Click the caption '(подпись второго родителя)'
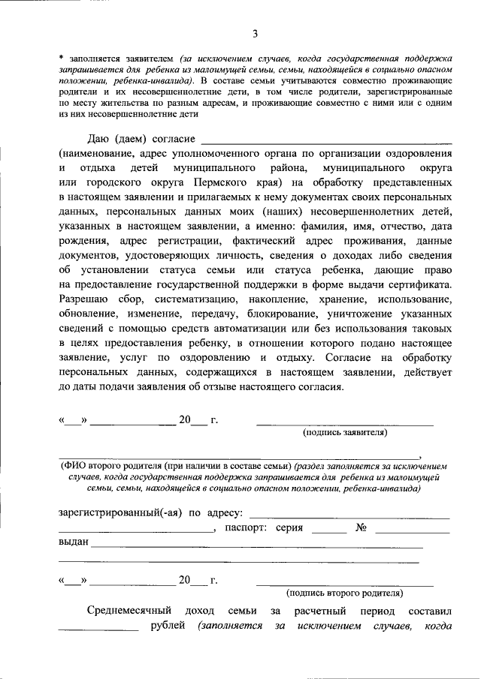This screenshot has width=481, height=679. [x=345, y=592]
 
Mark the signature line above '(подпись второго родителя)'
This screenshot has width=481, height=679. [x=345, y=584]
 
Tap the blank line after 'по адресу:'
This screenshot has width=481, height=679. [x=349, y=517]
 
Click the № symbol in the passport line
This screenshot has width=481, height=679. [x=361, y=528]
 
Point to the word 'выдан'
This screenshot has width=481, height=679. [x=73, y=542]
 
